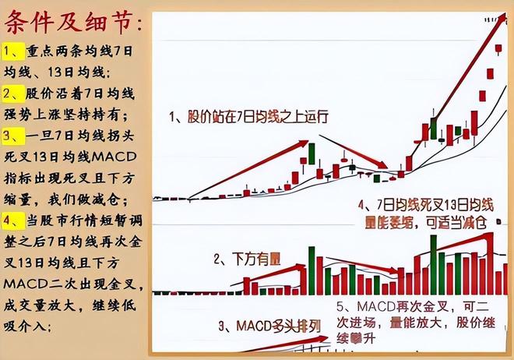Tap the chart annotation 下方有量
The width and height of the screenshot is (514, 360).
tap(246, 257)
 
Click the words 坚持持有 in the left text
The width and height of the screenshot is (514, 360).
tap(100, 114)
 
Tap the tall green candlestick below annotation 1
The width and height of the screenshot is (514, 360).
tap(312, 153)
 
